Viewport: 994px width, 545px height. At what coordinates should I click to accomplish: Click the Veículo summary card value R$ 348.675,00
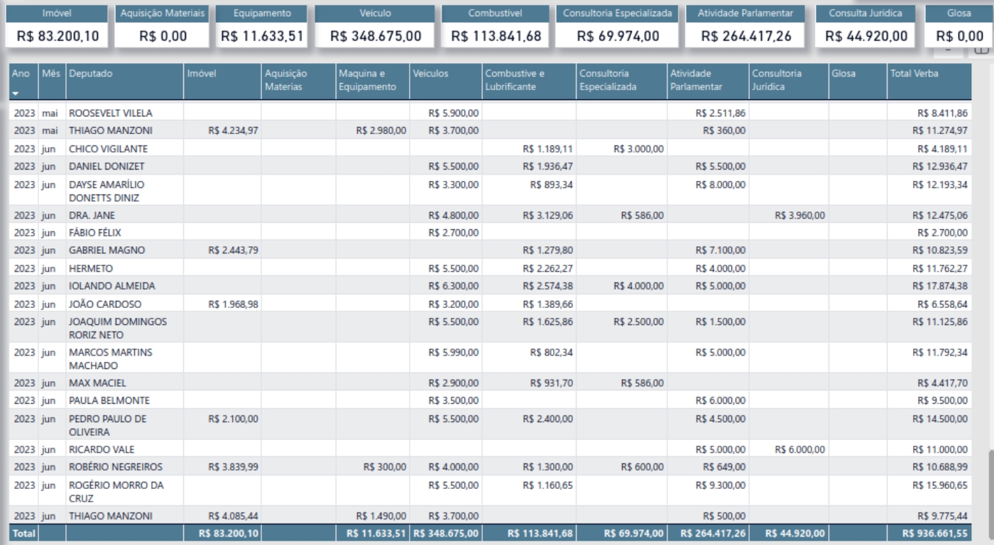click(376, 36)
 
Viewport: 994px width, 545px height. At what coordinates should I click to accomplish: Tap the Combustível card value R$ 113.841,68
click(496, 36)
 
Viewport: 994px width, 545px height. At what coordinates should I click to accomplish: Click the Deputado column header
click(91, 74)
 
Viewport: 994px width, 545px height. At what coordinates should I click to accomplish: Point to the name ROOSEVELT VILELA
click(110, 113)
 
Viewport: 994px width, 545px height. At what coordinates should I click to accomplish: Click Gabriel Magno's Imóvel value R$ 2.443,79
click(233, 250)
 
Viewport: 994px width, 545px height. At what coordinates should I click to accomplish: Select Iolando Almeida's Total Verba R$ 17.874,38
click(939, 286)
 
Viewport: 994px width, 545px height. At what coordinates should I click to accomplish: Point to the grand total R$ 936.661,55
click(934, 533)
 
